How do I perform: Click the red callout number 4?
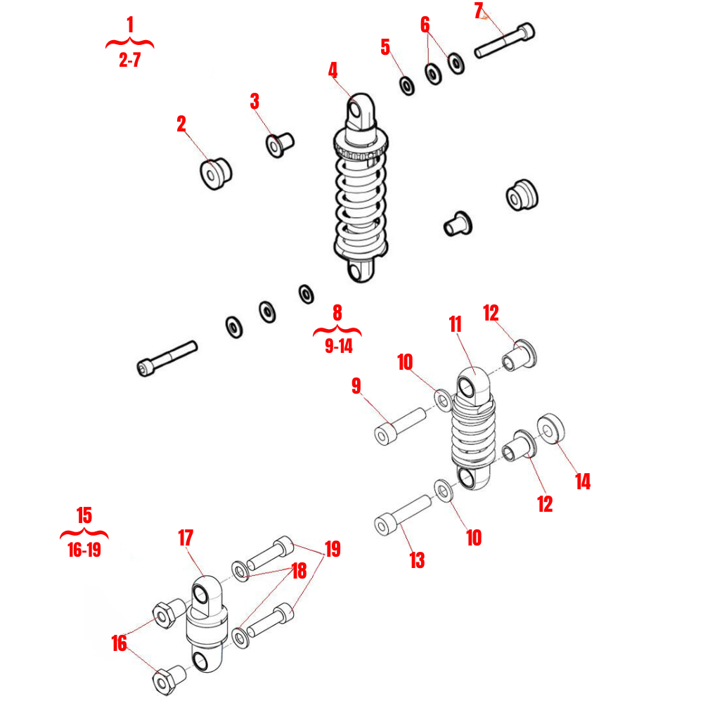pyautogui.click(x=333, y=70)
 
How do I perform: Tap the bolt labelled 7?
pyautogui.click(x=504, y=41)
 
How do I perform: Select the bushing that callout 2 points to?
pyautogui.click(x=214, y=173)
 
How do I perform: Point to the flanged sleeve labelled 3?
pyautogui.click(x=278, y=143)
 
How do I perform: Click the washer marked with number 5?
pyautogui.click(x=407, y=86)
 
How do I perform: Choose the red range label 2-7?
pyautogui.click(x=129, y=60)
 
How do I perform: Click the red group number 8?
pyautogui.click(x=337, y=312)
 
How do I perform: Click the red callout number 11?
pyautogui.click(x=455, y=324)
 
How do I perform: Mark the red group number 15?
pyautogui.click(x=84, y=515)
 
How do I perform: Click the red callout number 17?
pyautogui.click(x=185, y=538)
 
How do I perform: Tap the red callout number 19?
pyautogui.click(x=332, y=548)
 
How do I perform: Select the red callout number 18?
pyautogui.click(x=299, y=571)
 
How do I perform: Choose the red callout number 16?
pyautogui.click(x=120, y=643)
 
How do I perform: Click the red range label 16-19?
pyautogui.click(x=84, y=550)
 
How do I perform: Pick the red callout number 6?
pyautogui.click(x=425, y=25)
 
